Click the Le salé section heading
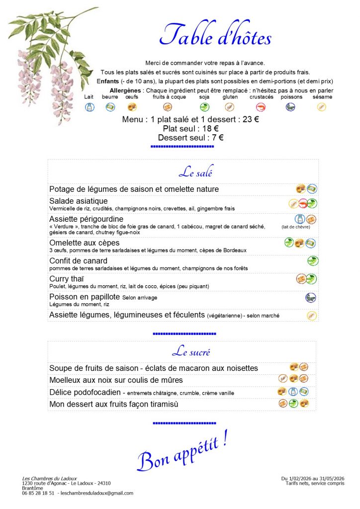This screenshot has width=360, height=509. click(195, 173)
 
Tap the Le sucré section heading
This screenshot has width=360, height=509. click(191, 352)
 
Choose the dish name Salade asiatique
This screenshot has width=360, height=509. click(79, 201)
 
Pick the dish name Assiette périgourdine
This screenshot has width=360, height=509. click(86, 219)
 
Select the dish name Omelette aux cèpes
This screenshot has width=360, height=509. click(85, 243)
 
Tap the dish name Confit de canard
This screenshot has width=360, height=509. click(78, 261)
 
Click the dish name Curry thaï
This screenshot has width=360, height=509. click(66, 279)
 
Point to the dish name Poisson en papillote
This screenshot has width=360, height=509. click(85, 297)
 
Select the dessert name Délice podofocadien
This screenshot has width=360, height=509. click(85, 393)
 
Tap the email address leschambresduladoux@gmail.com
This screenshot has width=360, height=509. click(96, 493)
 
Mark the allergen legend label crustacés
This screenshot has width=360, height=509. click(262, 97)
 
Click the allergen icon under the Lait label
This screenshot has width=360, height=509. click(90, 107)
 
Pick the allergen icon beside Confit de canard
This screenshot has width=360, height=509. click(312, 261)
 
